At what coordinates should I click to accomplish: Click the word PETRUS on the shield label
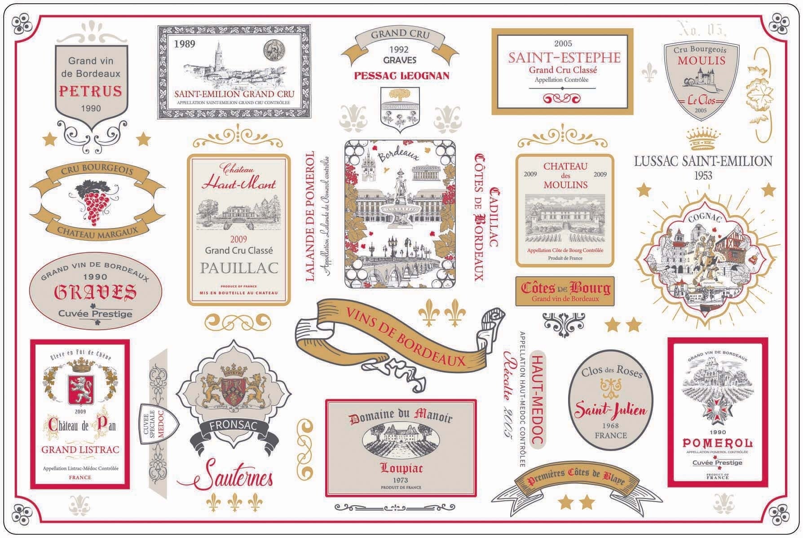coord(90,91)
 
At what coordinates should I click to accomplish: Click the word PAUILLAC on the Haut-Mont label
coord(239,268)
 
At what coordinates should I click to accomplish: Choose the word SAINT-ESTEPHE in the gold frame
coord(564,58)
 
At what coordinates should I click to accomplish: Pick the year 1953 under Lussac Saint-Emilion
coord(703,175)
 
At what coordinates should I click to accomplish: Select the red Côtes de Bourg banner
coord(565,291)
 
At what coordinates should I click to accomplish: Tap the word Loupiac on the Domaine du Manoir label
coord(401,468)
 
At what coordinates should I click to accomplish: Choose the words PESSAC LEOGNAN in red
coord(401,75)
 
